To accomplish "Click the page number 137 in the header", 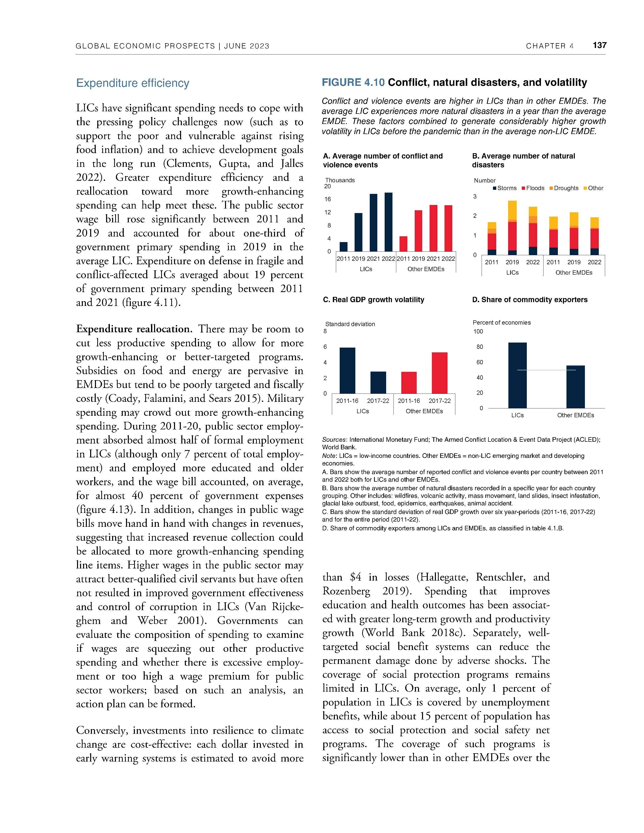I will click(x=599, y=45).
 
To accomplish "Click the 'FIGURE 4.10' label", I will click(x=353, y=82).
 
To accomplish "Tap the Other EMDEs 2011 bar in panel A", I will click(x=403, y=244).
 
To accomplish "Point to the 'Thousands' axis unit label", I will click(x=340, y=180).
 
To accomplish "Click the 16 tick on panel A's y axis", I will click(x=327, y=199).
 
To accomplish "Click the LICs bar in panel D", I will click(x=517, y=375).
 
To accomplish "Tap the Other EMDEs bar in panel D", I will click(x=575, y=387).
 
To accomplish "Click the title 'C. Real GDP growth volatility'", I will click(x=374, y=300).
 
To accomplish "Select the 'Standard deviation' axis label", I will click(x=350, y=324).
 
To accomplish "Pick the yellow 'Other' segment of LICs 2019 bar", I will click(x=512, y=210).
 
